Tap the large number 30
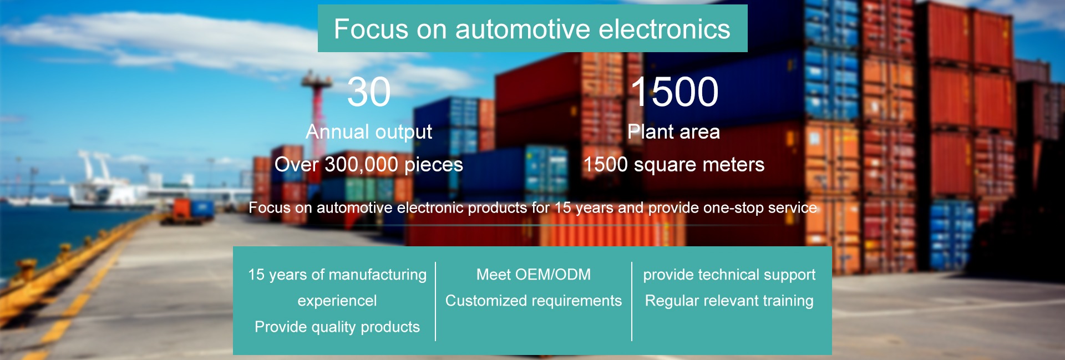(369, 92)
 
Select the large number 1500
(674, 92)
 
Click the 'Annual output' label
(369, 132)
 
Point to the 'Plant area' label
(674, 132)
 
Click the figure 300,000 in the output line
(361, 165)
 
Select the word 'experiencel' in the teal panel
(337, 301)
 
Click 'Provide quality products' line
(337, 327)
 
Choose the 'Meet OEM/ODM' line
(534, 275)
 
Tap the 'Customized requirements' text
(534, 301)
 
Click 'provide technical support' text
(729, 275)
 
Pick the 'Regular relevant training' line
(729, 301)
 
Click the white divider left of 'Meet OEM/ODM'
(435, 301)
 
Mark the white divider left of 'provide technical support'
(632, 301)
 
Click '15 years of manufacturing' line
(337, 275)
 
